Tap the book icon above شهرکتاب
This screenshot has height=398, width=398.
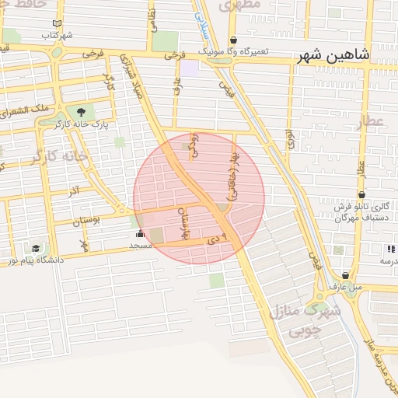tap(57, 24)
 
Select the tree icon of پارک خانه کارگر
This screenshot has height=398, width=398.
tap(82, 112)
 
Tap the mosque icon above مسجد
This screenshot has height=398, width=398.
tap(140, 233)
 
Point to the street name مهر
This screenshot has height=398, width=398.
tap(84, 245)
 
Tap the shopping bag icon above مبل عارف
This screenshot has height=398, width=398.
tap(345, 275)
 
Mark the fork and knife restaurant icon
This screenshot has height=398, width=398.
tap(389, 249)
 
